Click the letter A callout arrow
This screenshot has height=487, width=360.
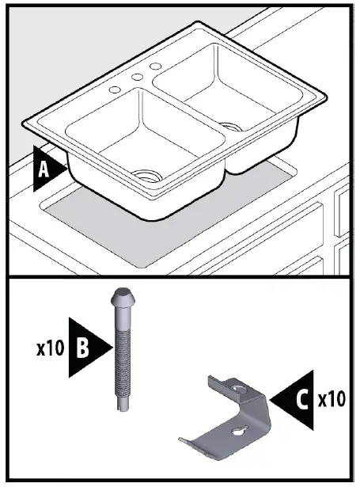47,169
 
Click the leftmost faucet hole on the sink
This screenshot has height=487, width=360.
116,89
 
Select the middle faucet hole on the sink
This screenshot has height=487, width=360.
136,77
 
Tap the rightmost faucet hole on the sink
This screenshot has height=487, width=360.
155,65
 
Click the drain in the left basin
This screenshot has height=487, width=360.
145,175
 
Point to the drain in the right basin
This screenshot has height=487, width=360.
230,124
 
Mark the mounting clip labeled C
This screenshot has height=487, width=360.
229,416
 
